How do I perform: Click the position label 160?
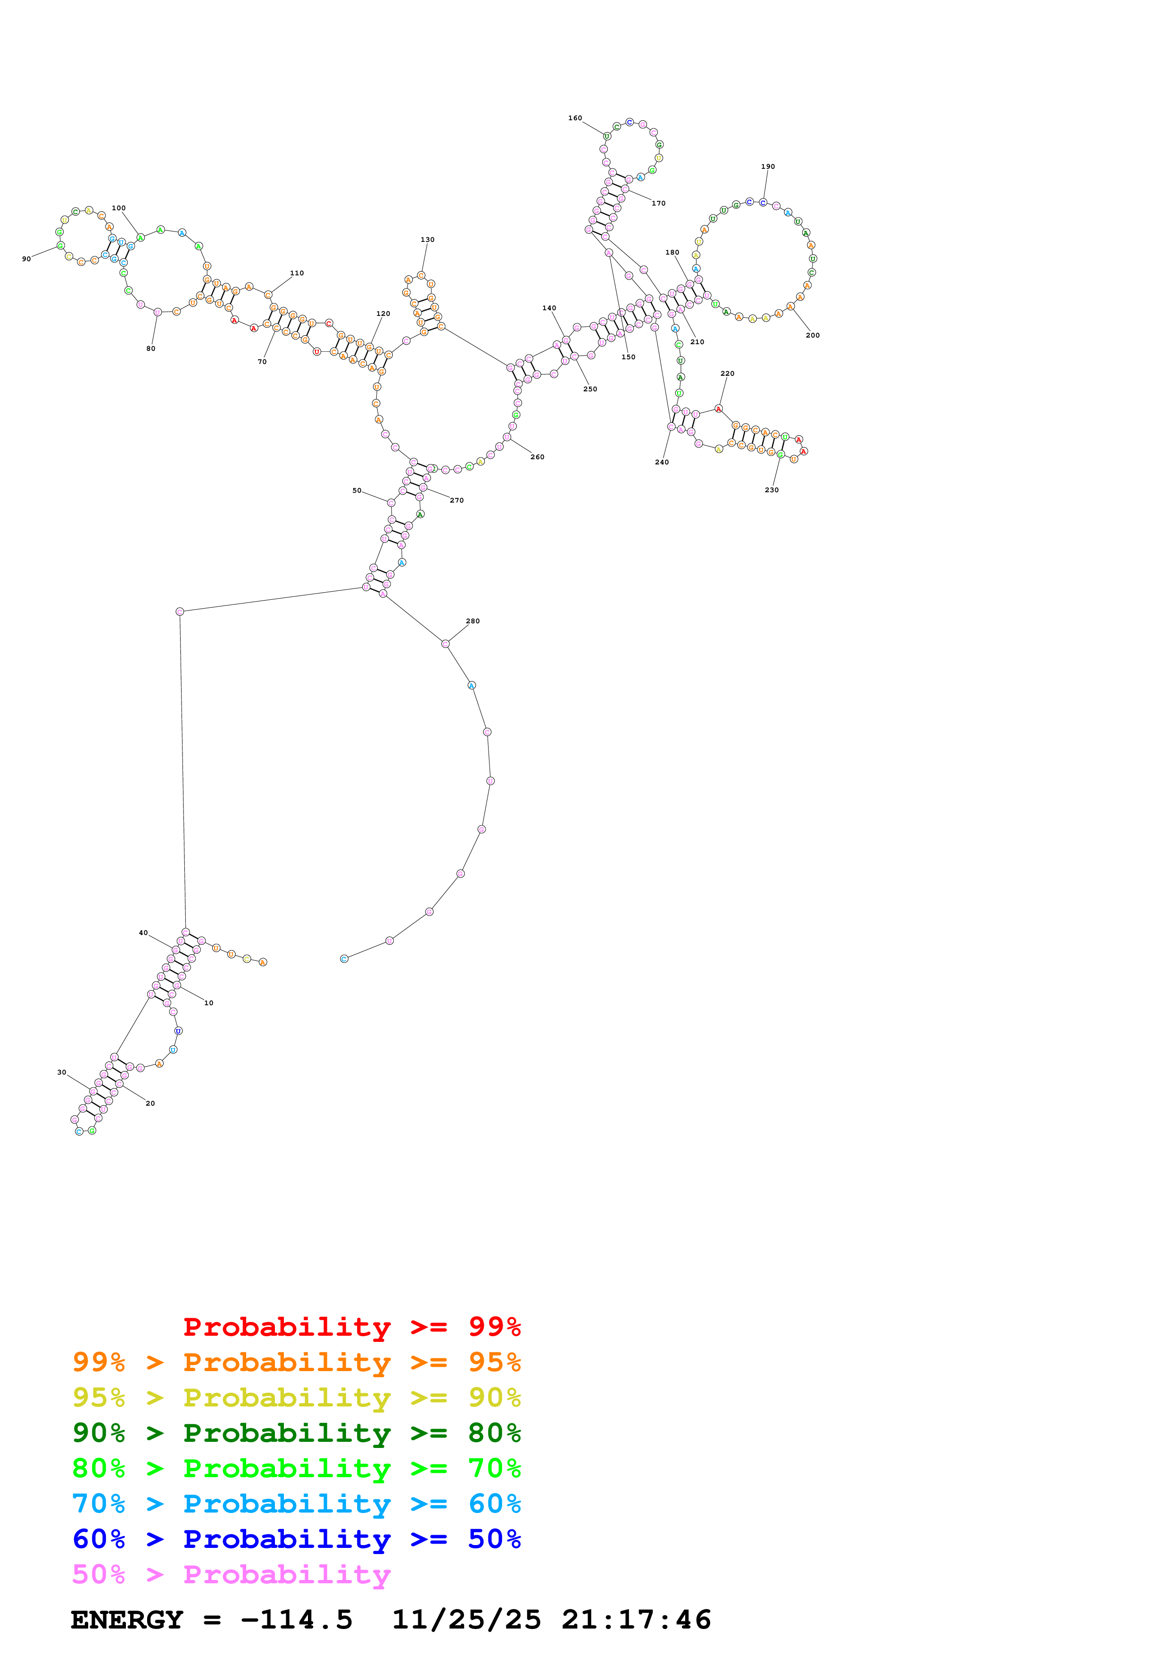point(575,118)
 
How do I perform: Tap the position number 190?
point(768,166)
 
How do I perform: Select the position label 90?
point(27,259)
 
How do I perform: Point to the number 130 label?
point(427,240)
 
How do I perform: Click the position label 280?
point(473,621)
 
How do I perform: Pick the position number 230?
point(771,490)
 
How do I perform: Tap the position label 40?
point(143,933)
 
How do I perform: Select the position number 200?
point(812,335)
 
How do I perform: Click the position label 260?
point(537,457)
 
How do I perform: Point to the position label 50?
point(357,490)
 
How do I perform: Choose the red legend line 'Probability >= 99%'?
point(351,1327)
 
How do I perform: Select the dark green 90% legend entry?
point(296,1433)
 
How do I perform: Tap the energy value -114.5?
point(296,1620)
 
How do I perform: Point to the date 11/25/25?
point(466,1620)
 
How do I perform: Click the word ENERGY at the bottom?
point(127,1620)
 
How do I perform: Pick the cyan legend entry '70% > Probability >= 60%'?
point(296,1504)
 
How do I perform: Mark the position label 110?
point(297,273)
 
